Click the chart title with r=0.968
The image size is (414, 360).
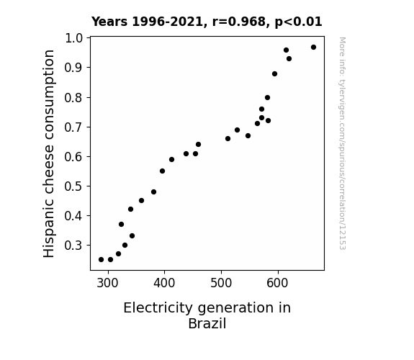[207, 22]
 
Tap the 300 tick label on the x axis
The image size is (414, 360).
[107, 283]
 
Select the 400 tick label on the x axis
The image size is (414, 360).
[164, 283]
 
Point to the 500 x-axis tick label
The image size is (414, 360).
[221, 283]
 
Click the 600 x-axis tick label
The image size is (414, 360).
[277, 283]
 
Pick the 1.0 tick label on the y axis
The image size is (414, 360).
[73, 38]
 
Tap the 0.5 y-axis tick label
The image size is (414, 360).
[73, 186]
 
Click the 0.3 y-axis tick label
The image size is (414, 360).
[73, 246]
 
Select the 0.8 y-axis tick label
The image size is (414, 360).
[73, 98]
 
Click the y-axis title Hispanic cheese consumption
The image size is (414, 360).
[49, 153]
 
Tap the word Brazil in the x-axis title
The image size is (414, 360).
[207, 323]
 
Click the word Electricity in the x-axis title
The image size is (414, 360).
[158, 308]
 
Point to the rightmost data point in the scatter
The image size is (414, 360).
[313, 48]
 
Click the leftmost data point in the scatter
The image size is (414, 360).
[101, 260]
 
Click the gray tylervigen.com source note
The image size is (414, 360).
[342, 143]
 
